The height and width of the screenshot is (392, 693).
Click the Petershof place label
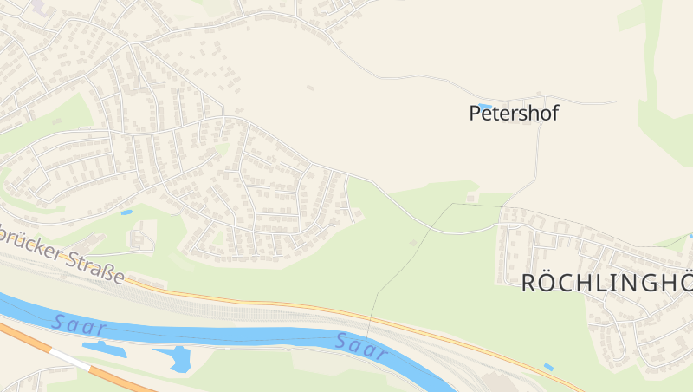pos(514,113)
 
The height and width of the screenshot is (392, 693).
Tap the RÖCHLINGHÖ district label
pos(606,283)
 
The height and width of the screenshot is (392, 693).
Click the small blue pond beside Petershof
pos(484,106)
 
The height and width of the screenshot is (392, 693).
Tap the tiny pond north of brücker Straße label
pos(126,212)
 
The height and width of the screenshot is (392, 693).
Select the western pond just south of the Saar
pos(103,349)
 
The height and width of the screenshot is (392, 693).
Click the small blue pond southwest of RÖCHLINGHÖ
pos(548,368)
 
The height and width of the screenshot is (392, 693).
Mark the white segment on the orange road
pos(69,358)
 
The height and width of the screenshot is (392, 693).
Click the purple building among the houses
pos(40,6)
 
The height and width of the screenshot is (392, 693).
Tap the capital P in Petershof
pos(475,113)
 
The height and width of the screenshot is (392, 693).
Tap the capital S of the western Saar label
pos(58,321)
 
